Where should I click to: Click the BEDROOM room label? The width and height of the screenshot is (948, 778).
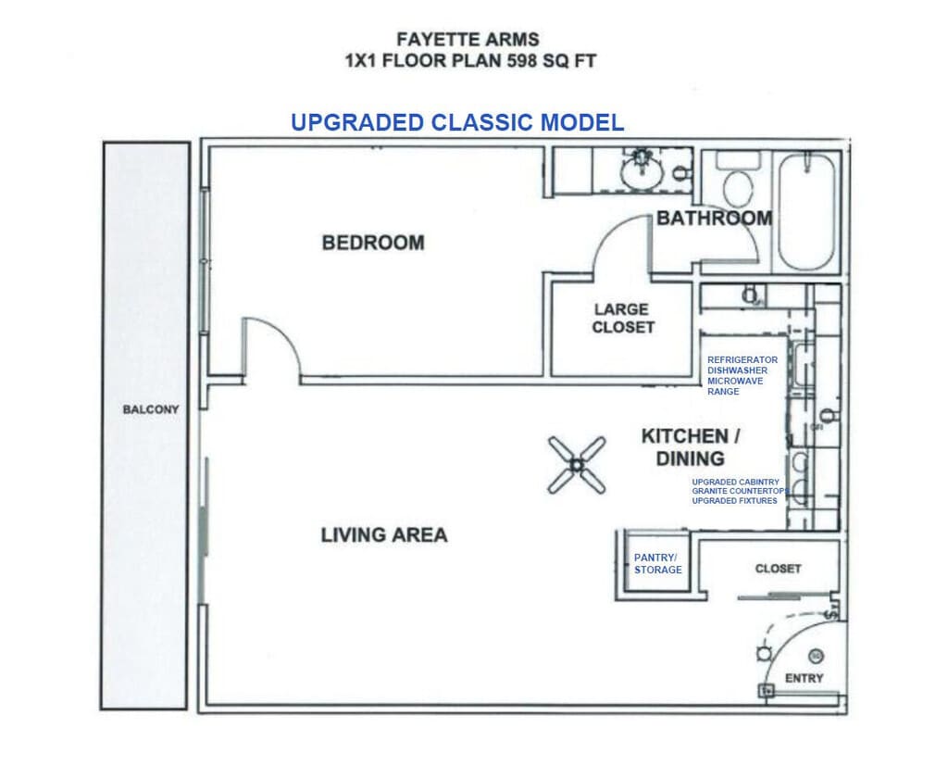pyautogui.click(x=373, y=243)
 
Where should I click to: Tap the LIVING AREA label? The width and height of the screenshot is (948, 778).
pyautogui.click(x=384, y=534)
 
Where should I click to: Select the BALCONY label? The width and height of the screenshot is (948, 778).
pyautogui.click(x=151, y=409)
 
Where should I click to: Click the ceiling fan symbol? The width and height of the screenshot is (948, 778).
pyautogui.click(x=576, y=465)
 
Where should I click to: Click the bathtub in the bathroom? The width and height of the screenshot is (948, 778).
pyautogui.click(x=807, y=212)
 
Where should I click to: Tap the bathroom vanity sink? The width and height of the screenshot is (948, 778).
pyautogui.click(x=642, y=169)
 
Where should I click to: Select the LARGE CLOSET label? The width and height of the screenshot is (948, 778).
pyautogui.click(x=623, y=319)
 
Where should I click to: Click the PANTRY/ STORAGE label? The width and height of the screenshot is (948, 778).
pyautogui.click(x=658, y=564)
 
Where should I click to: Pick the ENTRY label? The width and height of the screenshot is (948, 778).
pyautogui.click(x=805, y=678)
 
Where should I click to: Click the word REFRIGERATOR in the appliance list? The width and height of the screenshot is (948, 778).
pyautogui.click(x=742, y=360)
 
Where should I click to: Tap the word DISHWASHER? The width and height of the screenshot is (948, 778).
pyautogui.click(x=738, y=370)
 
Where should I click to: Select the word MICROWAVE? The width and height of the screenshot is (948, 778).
pyautogui.click(x=735, y=382)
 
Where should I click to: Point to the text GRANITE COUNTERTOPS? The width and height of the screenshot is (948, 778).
pyautogui.click(x=741, y=491)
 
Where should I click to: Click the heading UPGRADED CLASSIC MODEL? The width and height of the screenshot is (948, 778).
pyautogui.click(x=457, y=122)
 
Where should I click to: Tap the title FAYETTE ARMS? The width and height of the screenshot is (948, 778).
pyautogui.click(x=468, y=39)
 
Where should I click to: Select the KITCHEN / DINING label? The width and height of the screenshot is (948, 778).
pyautogui.click(x=691, y=447)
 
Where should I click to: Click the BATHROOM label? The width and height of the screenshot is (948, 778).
pyautogui.click(x=715, y=218)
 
